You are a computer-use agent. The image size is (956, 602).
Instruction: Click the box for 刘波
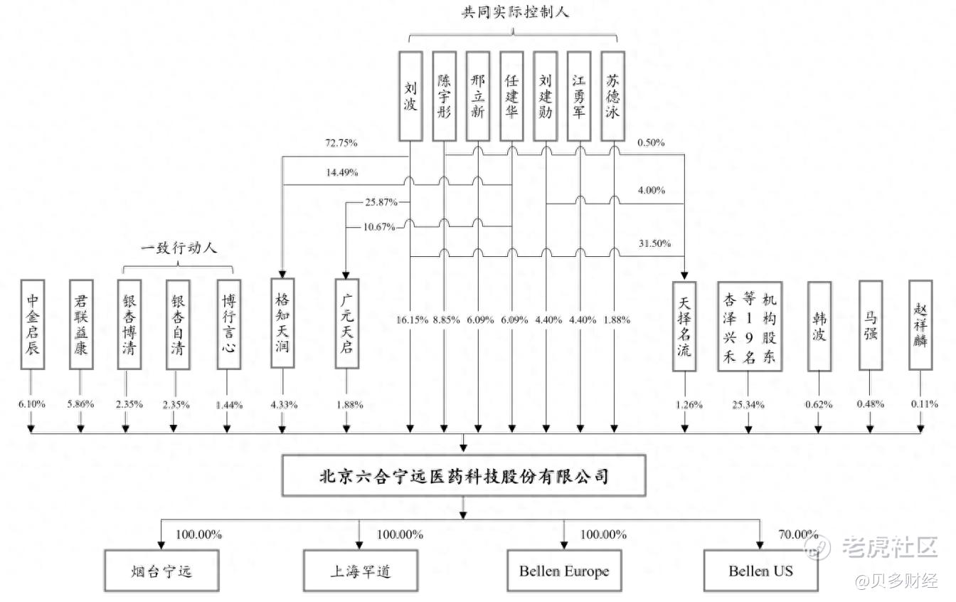click(410, 95)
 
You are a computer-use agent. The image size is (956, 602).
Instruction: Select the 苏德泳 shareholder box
click(612, 95)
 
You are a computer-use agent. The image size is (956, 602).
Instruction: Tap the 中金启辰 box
click(33, 324)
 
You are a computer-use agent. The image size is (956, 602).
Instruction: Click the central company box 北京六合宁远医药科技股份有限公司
click(464, 476)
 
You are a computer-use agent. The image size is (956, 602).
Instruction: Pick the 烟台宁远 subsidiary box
click(161, 571)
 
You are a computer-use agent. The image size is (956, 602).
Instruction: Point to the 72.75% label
click(341, 143)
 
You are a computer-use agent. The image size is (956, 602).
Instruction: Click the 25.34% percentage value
click(748, 405)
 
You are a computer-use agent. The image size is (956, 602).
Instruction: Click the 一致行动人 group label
click(179, 248)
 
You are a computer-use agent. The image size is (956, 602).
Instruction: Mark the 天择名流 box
click(684, 325)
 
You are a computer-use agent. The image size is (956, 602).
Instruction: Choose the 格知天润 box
click(282, 322)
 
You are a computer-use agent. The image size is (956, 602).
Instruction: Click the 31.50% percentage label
click(654, 243)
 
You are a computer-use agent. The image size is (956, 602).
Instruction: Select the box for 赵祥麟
click(920, 324)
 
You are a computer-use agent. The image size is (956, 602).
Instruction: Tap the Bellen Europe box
click(563, 571)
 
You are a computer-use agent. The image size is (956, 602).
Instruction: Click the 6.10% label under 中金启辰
click(32, 404)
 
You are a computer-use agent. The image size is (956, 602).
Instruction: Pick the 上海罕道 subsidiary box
click(361, 571)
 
